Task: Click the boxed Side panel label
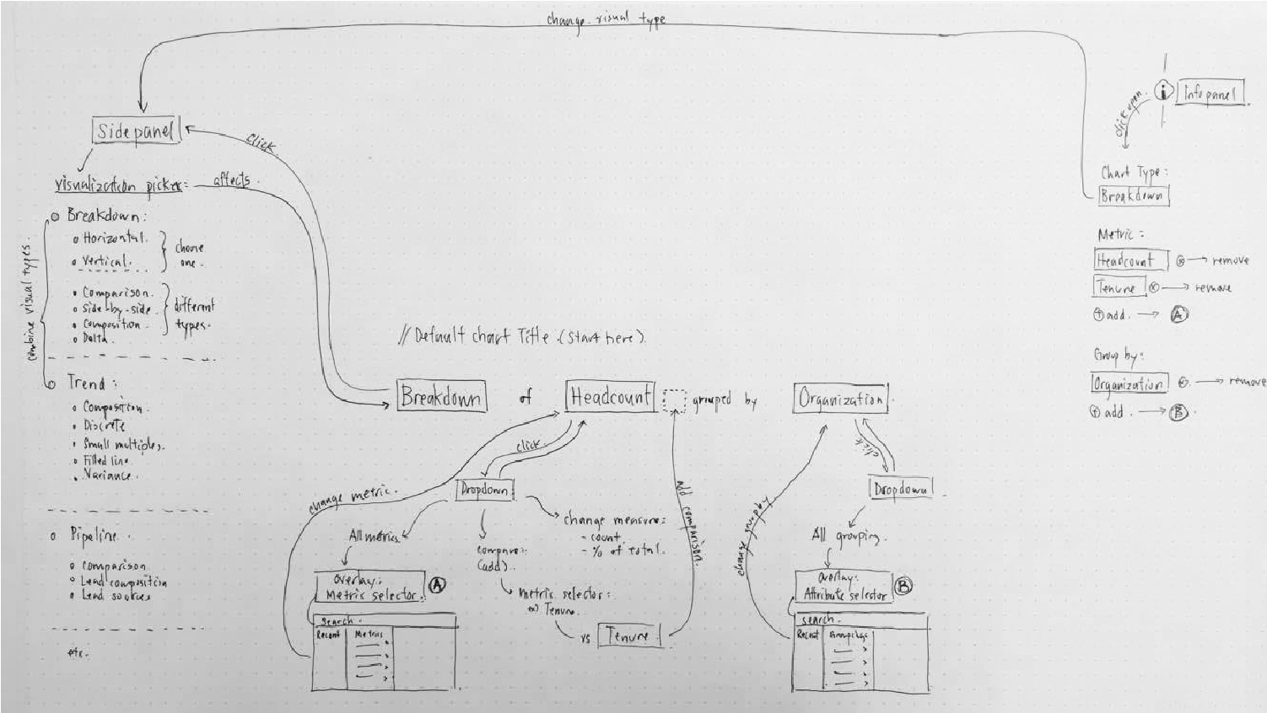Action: click(x=135, y=131)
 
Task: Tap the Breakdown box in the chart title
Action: click(x=441, y=396)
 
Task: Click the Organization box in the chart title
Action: click(x=840, y=398)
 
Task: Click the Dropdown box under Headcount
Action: click(x=484, y=491)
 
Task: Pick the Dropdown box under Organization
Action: click(x=901, y=489)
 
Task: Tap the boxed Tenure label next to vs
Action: click(x=629, y=636)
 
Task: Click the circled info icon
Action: click(x=1164, y=91)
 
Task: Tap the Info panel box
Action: click(x=1211, y=94)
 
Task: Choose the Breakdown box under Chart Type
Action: click(x=1133, y=196)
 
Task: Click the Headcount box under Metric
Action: click(x=1130, y=260)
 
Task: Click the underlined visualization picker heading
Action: click(x=118, y=186)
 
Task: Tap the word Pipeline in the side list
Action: click(x=94, y=535)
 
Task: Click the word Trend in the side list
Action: click(x=86, y=383)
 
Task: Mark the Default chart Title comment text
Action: click(x=523, y=337)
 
